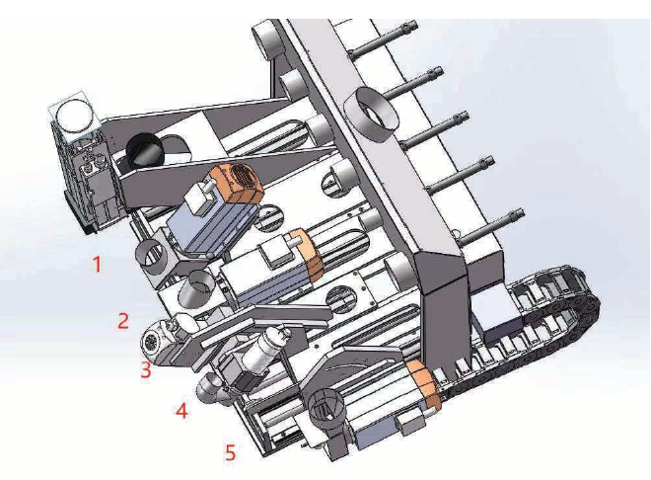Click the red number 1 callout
pos(97,265)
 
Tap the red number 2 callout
pos(123,321)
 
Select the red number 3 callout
pos(145,369)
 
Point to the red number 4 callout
pos(181,411)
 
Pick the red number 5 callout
pos(231,452)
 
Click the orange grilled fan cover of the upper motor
pos(237,182)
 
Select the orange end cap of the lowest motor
pos(423,384)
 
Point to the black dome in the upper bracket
pos(144,151)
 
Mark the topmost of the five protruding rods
pos(383,39)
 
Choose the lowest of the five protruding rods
pos(489,227)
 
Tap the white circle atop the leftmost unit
pos(75,115)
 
